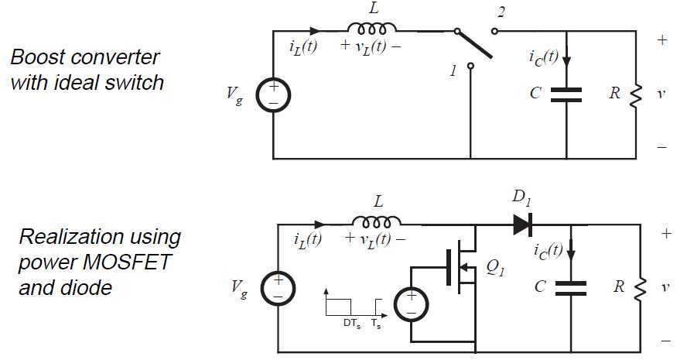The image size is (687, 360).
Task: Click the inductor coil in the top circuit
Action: pos(372,29)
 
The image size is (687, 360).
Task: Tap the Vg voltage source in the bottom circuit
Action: pos(278,286)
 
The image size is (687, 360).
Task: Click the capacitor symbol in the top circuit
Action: pos(567,94)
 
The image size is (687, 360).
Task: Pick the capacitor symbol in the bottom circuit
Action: pos(571,287)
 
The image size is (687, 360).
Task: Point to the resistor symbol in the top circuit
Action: pos(636,94)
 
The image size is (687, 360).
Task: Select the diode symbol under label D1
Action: pos(522,225)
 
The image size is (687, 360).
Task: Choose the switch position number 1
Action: pos(454,71)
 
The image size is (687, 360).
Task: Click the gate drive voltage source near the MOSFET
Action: pos(411,303)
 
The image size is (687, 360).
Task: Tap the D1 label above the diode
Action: pos(521,197)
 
